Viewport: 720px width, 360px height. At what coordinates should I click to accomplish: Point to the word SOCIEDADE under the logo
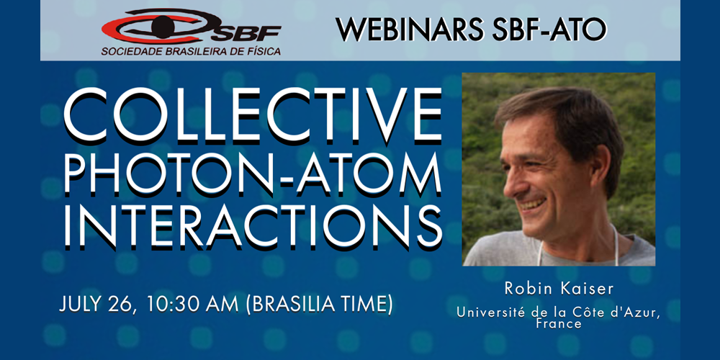pos(130,51)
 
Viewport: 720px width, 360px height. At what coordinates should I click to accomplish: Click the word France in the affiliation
pos(559,324)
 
